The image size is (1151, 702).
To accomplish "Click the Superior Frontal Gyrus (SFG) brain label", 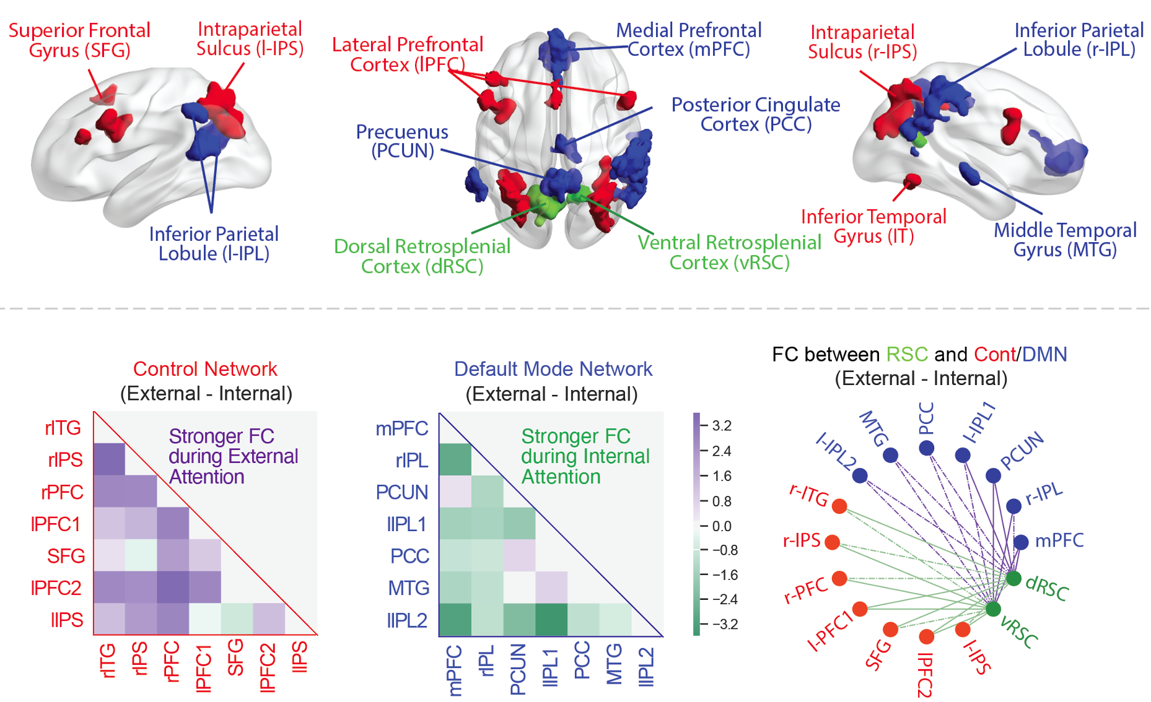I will click(x=79, y=40).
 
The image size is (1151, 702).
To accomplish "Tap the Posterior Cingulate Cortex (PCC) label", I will click(x=756, y=115).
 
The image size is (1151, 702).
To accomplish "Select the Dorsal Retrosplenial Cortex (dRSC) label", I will click(x=422, y=256).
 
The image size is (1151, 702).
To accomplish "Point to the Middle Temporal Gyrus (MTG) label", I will click(x=1065, y=240).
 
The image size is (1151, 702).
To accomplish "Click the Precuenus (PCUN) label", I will click(x=402, y=141).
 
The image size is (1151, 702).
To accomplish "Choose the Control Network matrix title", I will click(x=205, y=369).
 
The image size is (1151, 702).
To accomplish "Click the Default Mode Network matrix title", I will click(x=553, y=369).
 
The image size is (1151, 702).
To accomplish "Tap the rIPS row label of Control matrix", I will click(x=65, y=460).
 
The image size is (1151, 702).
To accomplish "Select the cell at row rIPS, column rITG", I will click(x=109, y=459).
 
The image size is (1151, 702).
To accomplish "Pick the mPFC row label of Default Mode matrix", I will click(x=402, y=428).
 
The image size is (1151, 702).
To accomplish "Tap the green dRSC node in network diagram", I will click(x=1013, y=579).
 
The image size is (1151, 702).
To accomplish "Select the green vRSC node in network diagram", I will click(x=993, y=609).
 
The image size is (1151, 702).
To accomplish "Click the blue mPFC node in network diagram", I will click(x=1021, y=542).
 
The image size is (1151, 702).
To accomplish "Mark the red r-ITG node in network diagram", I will click(x=839, y=506).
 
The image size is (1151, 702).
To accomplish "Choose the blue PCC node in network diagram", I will click(x=926, y=448).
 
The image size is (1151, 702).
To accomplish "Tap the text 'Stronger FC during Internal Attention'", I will click(x=585, y=456).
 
